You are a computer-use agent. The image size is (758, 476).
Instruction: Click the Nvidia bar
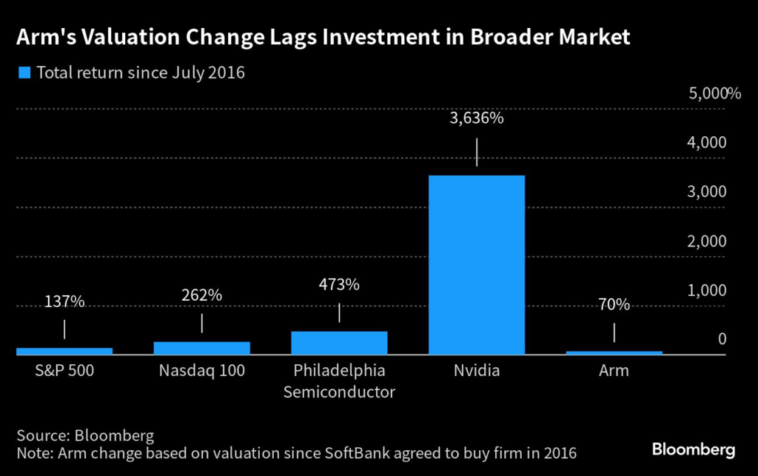pos(476,265)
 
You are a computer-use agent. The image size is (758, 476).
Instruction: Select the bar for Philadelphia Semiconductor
pos(339,343)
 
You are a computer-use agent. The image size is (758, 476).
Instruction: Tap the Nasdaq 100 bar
pos(201,348)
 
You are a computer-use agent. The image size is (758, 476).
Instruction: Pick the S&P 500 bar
pos(64,351)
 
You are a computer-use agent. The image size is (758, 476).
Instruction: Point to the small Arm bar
pos(614,353)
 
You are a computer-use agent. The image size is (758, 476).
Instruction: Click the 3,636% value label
pos(477,118)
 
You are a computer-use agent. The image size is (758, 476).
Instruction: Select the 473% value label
pos(339,284)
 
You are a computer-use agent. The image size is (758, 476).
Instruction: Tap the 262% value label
pos(201,295)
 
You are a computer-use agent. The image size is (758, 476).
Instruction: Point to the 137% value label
pos(64,301)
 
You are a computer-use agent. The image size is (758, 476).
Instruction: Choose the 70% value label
pos(614,304)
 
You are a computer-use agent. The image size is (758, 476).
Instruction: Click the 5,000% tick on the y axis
pos(714,93)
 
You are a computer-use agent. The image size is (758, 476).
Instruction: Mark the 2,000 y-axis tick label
pos(708,241)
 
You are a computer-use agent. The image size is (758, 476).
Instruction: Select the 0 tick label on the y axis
pos(721,340)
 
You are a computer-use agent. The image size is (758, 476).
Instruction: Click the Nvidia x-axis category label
pos(476,370)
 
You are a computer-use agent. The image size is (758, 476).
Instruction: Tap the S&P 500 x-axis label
pos(64,370)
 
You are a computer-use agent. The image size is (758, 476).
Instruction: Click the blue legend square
pos(23,73)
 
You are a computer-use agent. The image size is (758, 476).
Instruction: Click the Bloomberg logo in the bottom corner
pos(693,449)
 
